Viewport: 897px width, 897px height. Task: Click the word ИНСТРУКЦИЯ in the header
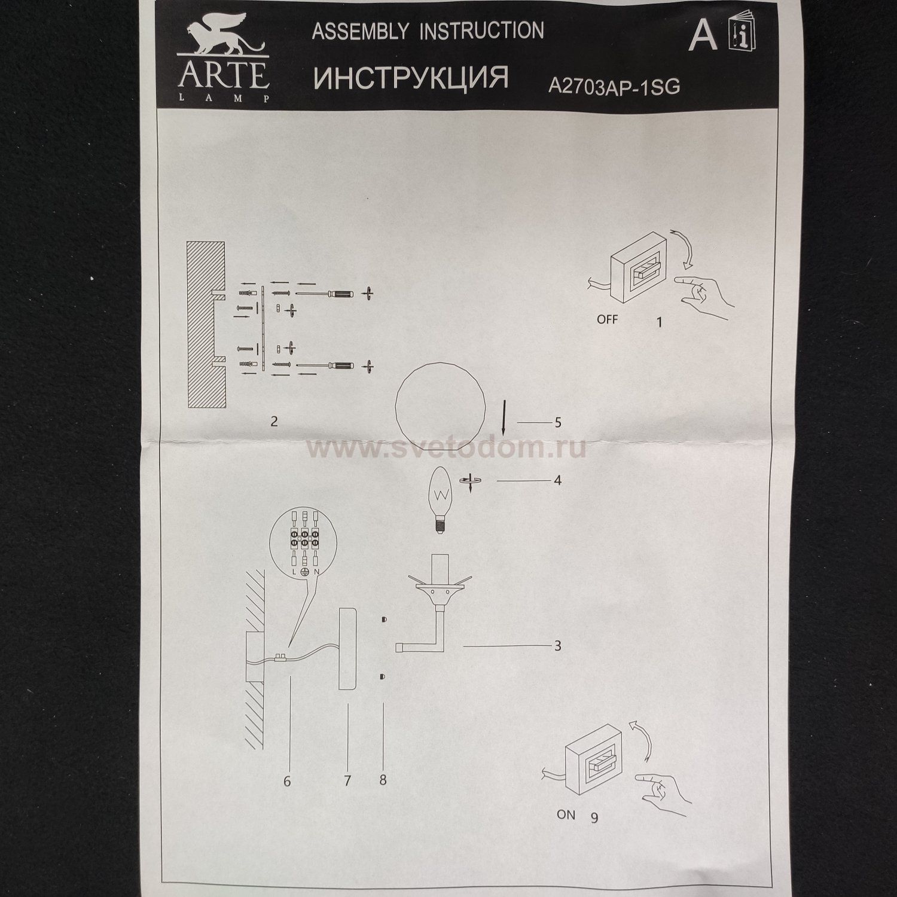[411, 78]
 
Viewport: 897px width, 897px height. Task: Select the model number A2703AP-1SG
[614, 87]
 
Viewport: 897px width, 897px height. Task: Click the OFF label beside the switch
[607, 319]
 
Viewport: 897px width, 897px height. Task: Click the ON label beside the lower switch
[566, 814]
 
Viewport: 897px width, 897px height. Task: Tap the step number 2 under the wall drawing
[274, 422]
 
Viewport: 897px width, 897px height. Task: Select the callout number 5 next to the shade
[558, 423]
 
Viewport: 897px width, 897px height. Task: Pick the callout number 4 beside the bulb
[557, 480]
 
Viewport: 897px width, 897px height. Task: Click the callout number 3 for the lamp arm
[557, 646]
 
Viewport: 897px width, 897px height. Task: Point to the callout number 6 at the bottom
[287, 781]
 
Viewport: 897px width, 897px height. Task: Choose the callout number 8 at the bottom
[383, 780]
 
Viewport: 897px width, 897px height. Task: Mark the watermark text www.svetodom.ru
[446, 448]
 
